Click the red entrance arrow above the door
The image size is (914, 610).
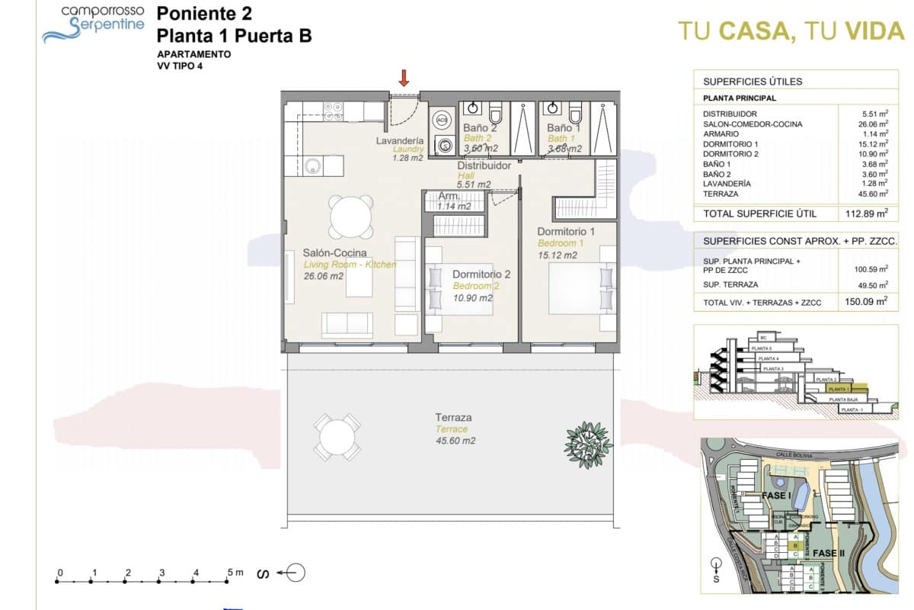(404, 77)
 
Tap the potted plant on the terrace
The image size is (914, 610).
(588, 439)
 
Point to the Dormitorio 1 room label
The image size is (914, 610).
(565, 231)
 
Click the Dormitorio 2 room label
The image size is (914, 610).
(481, 274)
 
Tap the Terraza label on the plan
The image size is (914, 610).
(453, 417)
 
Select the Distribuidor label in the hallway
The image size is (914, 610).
(484, 165)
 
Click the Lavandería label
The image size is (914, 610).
(400, 141)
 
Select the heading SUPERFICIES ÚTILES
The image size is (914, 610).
(753, 82)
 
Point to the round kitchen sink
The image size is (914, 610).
(312, 165)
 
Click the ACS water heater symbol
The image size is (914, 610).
(442, 120)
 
